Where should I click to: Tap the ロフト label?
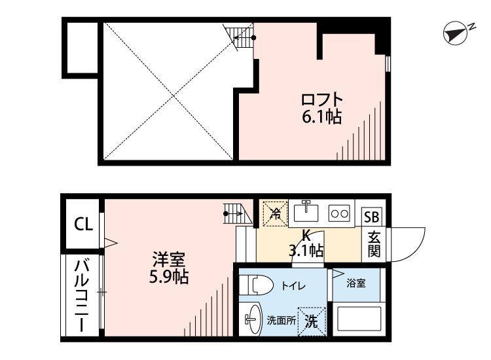(321, 100)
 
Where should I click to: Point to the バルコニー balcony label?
(82, 297)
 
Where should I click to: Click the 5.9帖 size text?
(169, 277)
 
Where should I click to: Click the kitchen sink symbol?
(306, 213)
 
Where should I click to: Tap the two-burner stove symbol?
(339, 213)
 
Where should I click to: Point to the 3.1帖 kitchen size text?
(306, 249)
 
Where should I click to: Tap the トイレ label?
(293, 285)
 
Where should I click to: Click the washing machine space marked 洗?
(312, 321)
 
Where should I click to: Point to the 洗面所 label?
(280, 321)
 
